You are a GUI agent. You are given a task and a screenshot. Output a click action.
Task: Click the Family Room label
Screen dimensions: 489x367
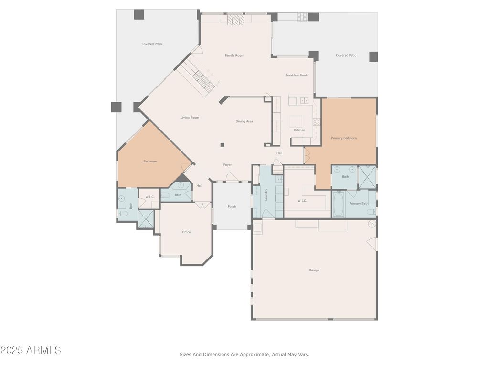(x=234, y=55)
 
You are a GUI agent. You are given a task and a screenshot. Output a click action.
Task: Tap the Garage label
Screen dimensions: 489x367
(x=314, y=270)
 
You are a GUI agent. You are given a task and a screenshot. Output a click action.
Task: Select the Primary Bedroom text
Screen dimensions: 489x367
(x=344, y=138)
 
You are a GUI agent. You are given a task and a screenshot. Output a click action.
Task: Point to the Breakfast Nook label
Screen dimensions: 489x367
(x=296, y=75)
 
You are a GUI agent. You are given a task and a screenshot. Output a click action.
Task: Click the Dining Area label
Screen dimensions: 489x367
(x=244, y=121)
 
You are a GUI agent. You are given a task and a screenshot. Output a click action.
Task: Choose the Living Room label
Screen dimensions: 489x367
(x=190, y=118)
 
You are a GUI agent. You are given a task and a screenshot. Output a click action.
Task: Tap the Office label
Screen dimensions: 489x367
(x=186, y=232)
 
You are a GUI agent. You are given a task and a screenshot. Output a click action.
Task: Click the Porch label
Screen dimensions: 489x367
(x=232, y=206)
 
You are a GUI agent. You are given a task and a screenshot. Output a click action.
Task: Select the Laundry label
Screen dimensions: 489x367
(x=266, y=194)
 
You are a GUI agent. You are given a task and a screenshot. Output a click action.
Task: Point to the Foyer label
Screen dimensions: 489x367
(x=227, y=165)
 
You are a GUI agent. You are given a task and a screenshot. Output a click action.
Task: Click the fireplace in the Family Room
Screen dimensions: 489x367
(x=235, y=19)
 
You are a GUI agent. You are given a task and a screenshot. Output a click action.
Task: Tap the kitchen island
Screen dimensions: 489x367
(x=296, y=121)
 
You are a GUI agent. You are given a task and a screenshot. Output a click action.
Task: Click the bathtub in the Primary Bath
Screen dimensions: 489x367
(x=339, y=204)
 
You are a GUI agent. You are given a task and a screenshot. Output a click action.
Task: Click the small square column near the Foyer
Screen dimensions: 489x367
(x=223, y=145)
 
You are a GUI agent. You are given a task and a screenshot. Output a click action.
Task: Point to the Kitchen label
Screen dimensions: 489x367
(x=299, y=130)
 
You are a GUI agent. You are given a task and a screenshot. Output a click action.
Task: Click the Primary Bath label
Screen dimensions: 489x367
(x=359, y=204)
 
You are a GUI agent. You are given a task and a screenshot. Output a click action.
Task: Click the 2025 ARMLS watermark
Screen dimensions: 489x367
(x=31, y=350)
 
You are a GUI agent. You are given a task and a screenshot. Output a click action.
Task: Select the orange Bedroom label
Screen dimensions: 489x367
(x=150, y=162)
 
